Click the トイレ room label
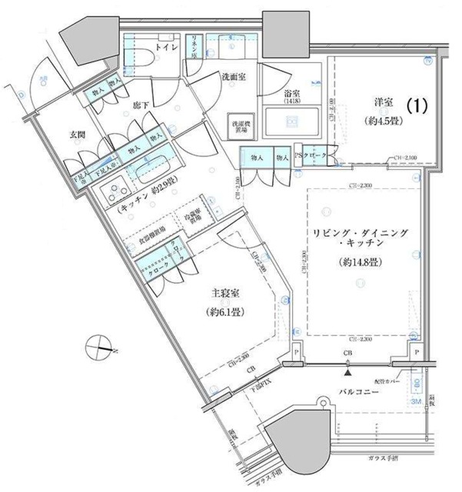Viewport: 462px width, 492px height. coord(168,48)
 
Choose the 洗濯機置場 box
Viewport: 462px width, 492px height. coord(239,125)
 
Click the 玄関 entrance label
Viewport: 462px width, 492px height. coord(78,134)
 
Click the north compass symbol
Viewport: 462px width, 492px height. coord(101,347)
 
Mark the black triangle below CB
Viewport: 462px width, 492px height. coord(349,373)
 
